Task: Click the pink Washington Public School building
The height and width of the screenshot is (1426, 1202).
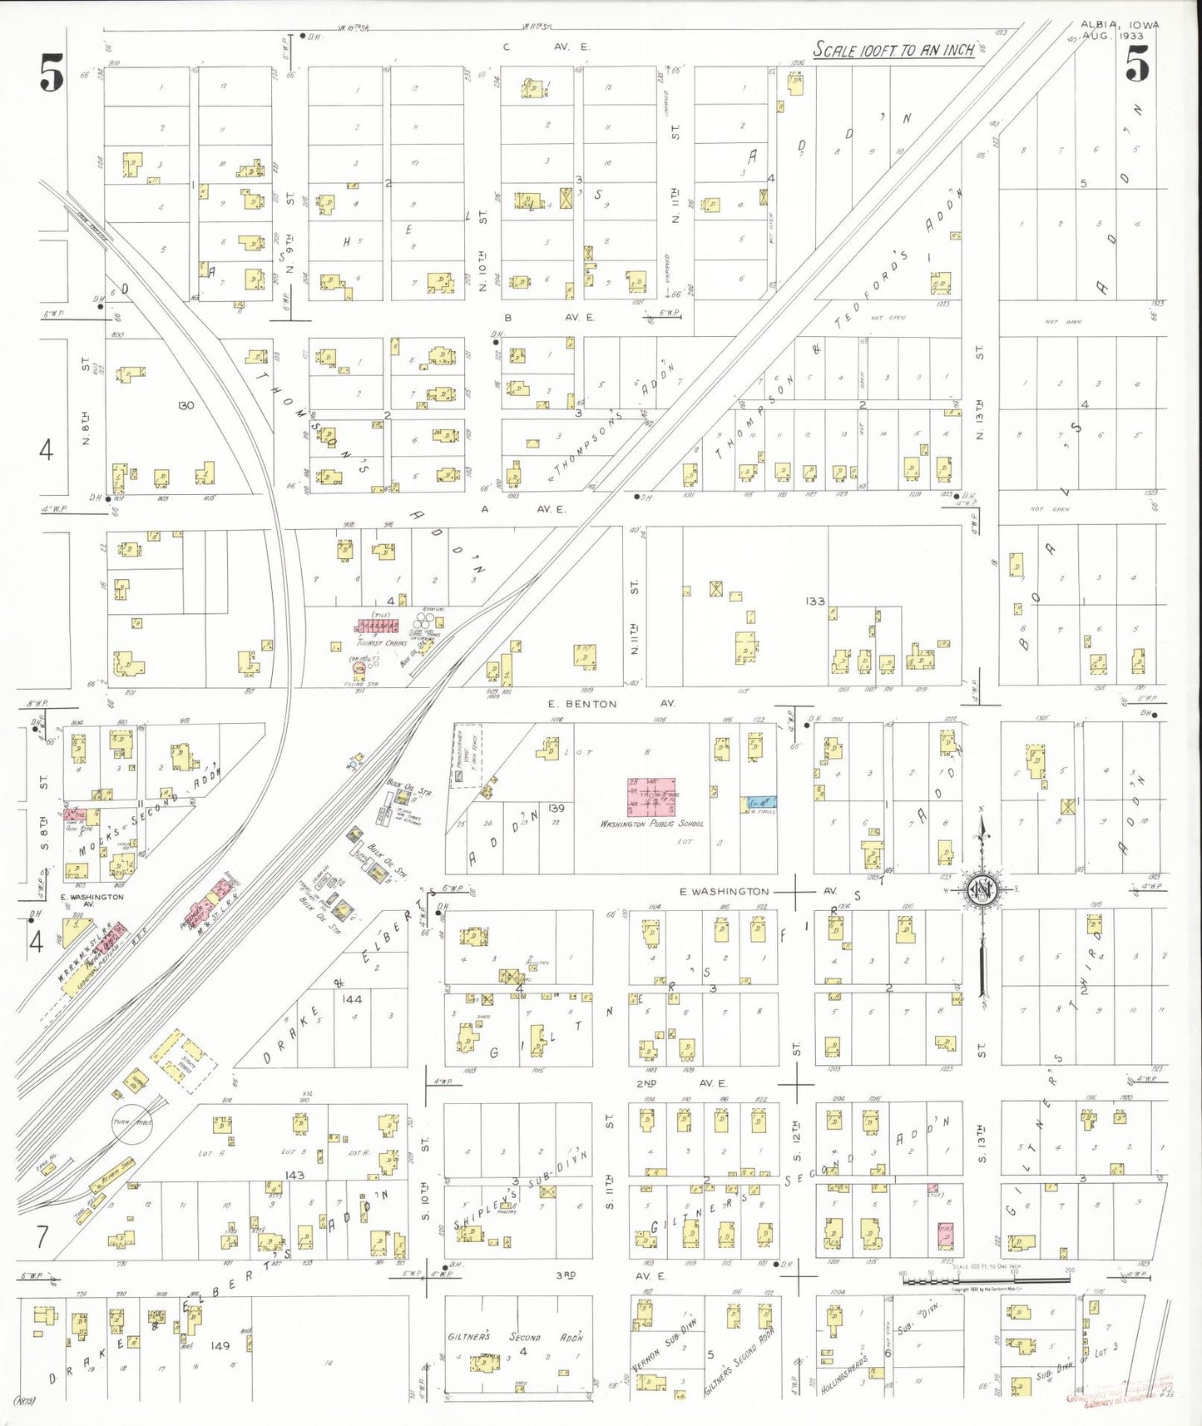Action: coord(650,797)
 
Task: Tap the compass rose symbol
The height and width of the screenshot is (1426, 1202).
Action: coord(982,889)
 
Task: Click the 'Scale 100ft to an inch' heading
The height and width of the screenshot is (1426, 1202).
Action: coord(893,50)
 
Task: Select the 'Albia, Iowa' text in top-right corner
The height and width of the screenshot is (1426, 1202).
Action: coord(1118,25)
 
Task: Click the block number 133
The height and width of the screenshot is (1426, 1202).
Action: coord(814,601)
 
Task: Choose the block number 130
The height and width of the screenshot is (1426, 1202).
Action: coord(185,405)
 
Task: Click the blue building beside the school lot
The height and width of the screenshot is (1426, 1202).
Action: coord(759,804)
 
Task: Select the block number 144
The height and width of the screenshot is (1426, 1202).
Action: coord(352,998)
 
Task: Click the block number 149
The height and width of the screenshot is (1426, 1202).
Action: coord(220,1345)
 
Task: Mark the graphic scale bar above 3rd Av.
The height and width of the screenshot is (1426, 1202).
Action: coord(986,1279)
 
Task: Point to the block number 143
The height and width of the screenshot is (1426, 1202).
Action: coord(294,1176)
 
